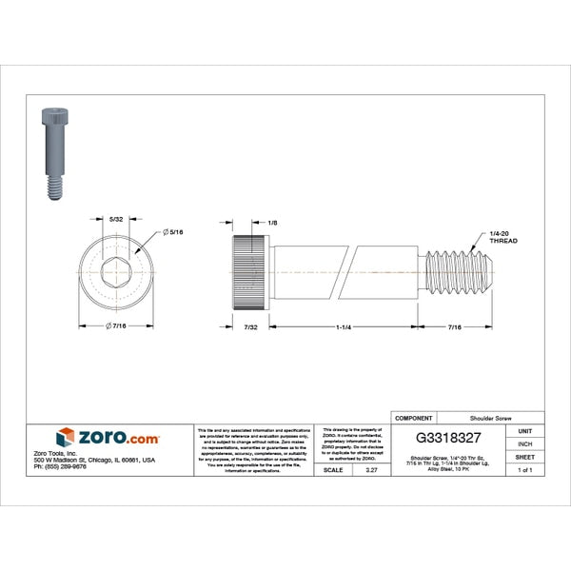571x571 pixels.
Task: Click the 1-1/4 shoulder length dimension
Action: pos(345,327)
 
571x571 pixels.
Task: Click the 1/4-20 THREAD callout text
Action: pos(502,237)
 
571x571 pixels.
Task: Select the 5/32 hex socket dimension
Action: pos(116,220)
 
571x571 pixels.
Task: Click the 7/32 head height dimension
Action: pos(250,327)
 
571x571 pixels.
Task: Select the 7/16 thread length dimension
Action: pos(455,327)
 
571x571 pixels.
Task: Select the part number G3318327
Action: pos(466,441)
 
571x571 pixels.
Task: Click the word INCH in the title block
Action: pos(524,443)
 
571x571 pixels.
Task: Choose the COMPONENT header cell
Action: pos(413,418)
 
